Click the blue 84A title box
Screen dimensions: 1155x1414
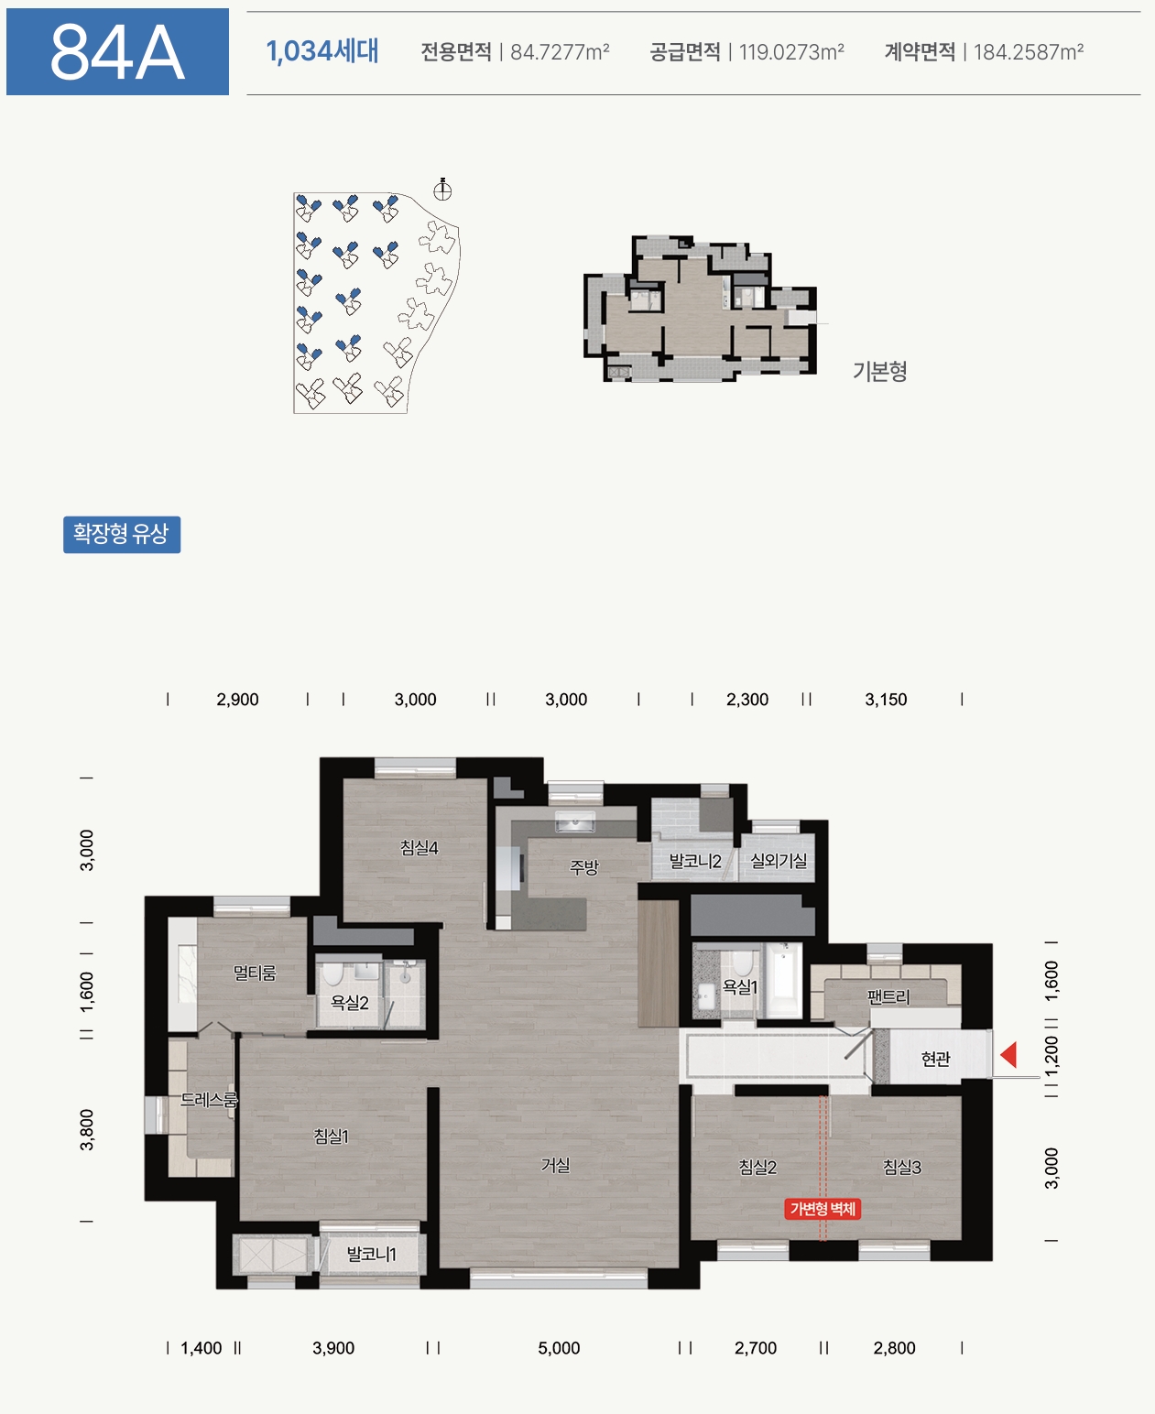pos(117,51)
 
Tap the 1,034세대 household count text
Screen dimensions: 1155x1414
pos(322,51)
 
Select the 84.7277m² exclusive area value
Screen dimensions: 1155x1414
pos(560,51)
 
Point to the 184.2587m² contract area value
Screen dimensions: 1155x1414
pos(1029,51)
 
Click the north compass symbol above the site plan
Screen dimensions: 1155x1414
pos(442,190)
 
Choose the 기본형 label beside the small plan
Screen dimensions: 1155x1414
pos(879,371)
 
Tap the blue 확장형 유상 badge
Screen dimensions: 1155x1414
pos(122,534)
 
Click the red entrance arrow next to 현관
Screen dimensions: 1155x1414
pos(1008,1055)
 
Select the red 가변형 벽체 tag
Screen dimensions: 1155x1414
pos(823,1209)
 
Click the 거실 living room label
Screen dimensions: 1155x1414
pos(555,1165)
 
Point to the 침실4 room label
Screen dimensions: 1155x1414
pos(420,847)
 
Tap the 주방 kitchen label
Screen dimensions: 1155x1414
pos(583,867)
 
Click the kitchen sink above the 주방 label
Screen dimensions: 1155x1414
pos(575,821)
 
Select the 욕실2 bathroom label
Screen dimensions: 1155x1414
pos(350,1002)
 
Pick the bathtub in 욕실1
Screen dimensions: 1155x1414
pos(783,980)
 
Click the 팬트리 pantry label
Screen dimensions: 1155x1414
pos(888,997)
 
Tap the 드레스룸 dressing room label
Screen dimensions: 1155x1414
pos(209,1100)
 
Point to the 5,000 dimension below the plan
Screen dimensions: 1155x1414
pos(559,1348)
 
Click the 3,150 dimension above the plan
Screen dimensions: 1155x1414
pos(886,700)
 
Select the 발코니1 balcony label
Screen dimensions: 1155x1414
pos(371,1254)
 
